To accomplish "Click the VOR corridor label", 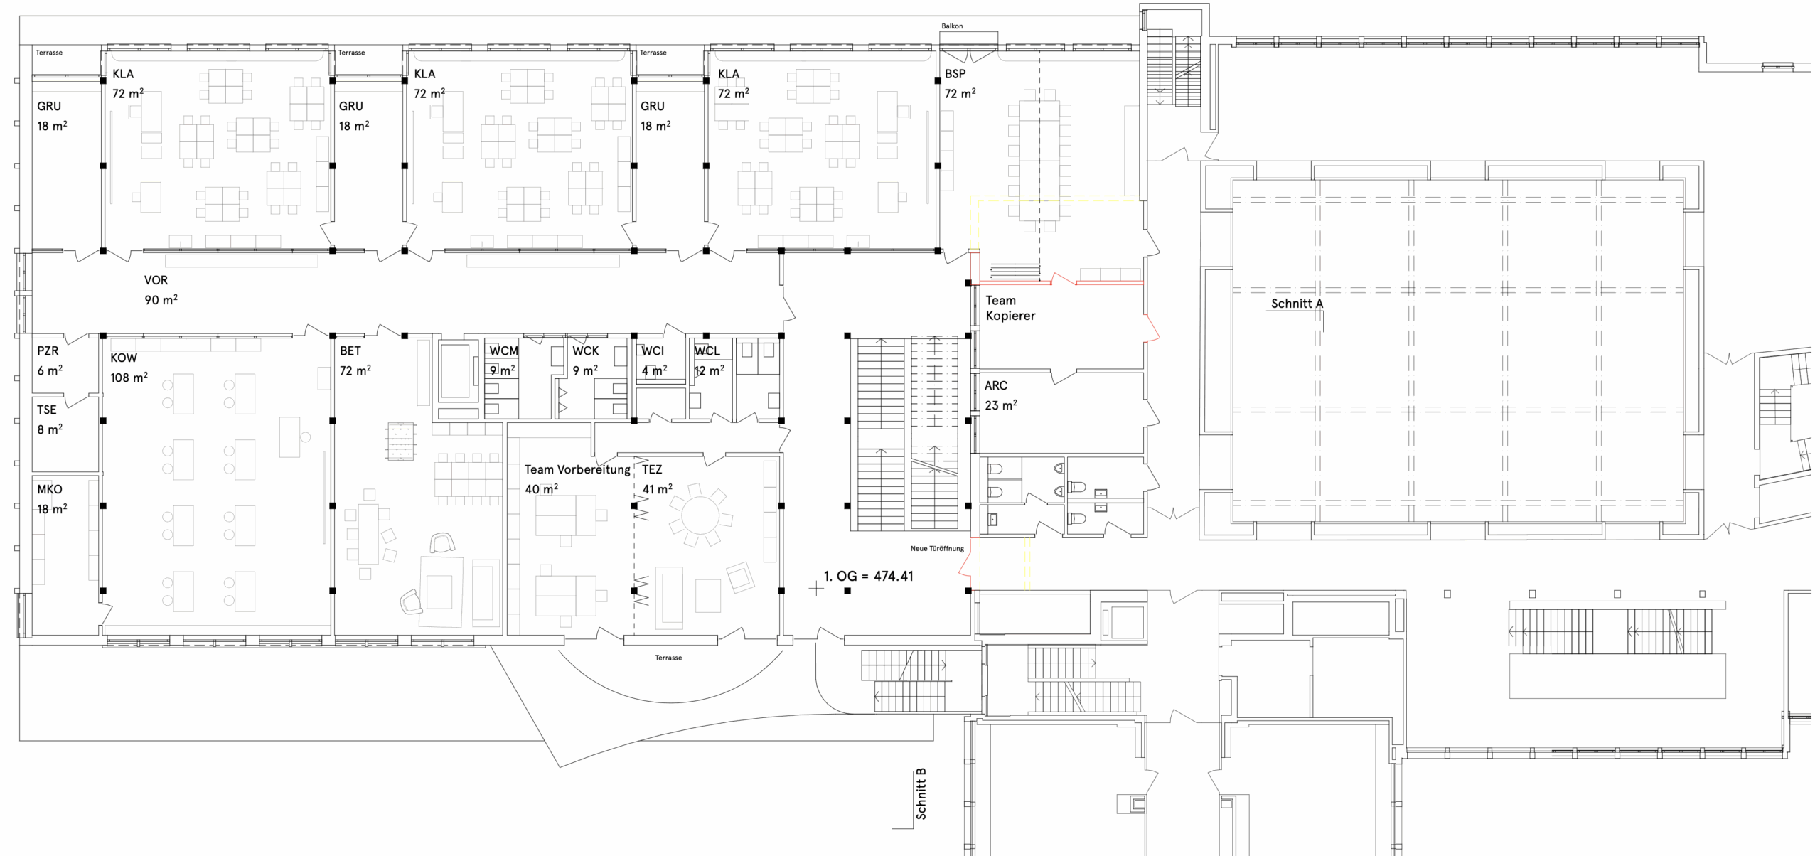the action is tap(156, 280).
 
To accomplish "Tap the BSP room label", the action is tap(955, 74).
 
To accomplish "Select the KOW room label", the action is tap(124, 358).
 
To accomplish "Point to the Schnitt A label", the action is tap(1297, 304).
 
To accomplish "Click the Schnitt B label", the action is tap(921, 793).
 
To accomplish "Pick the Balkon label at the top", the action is tap(952, 26).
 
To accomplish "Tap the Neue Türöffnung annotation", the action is tap(937, 549).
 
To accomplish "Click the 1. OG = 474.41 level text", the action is tap(869, 576).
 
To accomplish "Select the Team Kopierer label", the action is tap(1010, 308).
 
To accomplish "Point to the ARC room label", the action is tap(996, 385).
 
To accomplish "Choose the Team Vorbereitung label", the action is tap(577, 469).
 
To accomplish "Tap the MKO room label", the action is tap(50, 489).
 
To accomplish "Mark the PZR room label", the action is tap(48, 351).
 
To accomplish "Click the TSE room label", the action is tap(47, 410).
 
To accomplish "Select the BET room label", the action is tap(350, 351).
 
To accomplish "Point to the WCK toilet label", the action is tap(586, 351).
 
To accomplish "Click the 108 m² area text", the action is tap(129, 378).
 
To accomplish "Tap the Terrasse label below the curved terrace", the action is tap(668, 658).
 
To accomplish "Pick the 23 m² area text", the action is tap(1001, 405).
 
